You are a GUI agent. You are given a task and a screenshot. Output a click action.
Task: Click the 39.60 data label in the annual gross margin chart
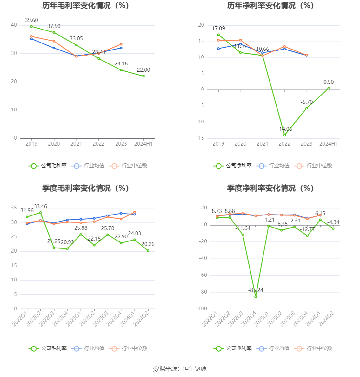[x=31, y=20]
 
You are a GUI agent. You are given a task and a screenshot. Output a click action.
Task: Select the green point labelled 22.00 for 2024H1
[x=143, y=76]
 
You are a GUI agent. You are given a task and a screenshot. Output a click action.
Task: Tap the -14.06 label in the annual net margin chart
[x=284, y=129]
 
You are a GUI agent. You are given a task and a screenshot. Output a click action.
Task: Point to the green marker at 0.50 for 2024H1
[x=329, y=88]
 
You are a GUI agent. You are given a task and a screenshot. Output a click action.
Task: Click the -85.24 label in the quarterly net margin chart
[x=256, y=290]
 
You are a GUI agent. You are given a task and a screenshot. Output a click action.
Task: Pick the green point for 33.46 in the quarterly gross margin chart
[x=40, y=213]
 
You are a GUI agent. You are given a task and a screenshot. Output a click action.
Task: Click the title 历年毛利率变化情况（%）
[x=86, y=5]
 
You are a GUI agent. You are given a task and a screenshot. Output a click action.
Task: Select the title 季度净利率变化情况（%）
[x=270, y=188]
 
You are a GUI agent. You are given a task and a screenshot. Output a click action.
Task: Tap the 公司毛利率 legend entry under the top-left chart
[x=48, y=166]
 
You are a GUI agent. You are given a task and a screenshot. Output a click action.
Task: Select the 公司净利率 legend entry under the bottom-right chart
[x=233, y=348]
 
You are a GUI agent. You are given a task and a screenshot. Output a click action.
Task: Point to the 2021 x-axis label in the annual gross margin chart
[x=76, y=144]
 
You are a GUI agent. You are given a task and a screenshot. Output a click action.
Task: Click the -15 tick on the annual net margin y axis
[x=200, y=138]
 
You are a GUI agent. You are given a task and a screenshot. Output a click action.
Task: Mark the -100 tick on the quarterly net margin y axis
[x=201, y=309]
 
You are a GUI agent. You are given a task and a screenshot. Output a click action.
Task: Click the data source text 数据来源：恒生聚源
[x=180, y=368]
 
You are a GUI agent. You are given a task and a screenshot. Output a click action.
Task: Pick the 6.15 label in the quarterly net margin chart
[x=320, y=214]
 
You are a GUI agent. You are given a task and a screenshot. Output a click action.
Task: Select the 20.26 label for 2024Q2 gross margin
[x=148, y=244]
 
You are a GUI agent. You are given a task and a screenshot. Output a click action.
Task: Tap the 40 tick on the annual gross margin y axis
[x=14, y=25]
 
